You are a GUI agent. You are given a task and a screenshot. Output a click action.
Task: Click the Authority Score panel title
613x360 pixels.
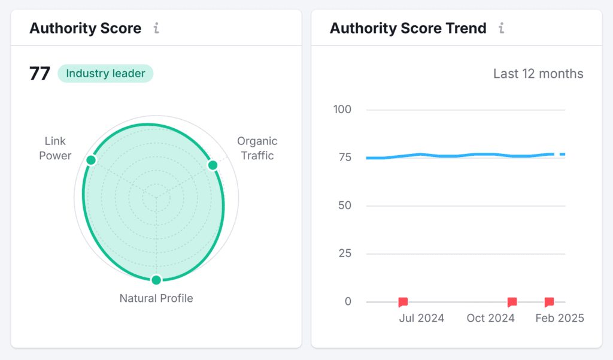tap(86, 28)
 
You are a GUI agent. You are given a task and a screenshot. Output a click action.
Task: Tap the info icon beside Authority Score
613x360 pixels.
tap(156, 28)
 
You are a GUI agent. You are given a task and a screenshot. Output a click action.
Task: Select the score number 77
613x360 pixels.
tap(40, 74)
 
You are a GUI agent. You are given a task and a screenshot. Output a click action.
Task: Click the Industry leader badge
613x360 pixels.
tap(105, 74)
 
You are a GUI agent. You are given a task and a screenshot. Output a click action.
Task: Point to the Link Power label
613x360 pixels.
tap(55, 149)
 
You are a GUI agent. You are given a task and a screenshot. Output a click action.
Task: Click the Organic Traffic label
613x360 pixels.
tap(257, 149)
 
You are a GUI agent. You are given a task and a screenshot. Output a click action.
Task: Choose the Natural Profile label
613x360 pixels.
tap(156, 298)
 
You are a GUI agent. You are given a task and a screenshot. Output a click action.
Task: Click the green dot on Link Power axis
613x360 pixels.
tap(91, 160)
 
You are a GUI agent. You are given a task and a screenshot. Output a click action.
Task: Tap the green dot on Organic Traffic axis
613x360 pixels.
tap(212, 165)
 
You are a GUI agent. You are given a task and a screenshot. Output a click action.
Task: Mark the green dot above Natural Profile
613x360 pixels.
tap(156, 280)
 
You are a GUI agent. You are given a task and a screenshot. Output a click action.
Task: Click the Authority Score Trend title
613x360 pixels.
tap(408, 28)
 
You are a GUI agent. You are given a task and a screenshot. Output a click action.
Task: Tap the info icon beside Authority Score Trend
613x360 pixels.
tap(502, 28)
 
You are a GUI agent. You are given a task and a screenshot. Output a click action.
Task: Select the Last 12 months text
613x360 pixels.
tap(538, 74)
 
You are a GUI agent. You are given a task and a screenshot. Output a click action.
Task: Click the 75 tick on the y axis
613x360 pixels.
tap(345, 158)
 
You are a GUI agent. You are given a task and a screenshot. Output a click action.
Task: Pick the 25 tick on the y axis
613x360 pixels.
tap(345, 253)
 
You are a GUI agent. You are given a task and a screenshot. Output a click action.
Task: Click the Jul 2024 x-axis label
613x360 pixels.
tap(421, 318)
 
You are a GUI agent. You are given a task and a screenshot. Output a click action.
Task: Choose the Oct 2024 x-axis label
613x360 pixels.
tap(490, 318)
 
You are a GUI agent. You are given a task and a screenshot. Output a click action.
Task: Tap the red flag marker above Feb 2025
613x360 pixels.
tap(549, 302)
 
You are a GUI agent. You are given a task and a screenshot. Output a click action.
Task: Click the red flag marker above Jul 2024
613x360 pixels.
tap(403, 302)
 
